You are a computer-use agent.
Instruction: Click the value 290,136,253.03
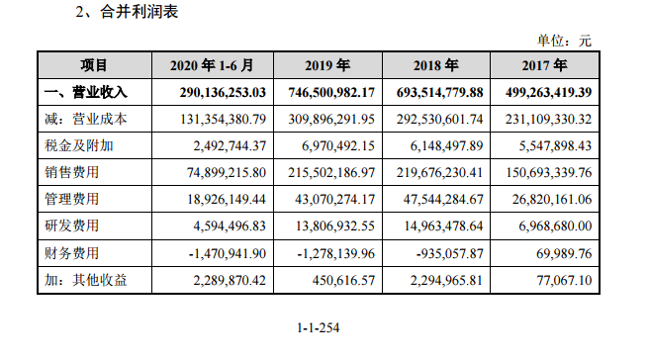pyautogui.click(x=212, y=92)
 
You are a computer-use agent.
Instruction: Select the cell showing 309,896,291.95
pyautogui.click(x=323, y=119)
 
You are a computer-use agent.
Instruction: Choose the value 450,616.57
pyautogui.click(x=337, y=280)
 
